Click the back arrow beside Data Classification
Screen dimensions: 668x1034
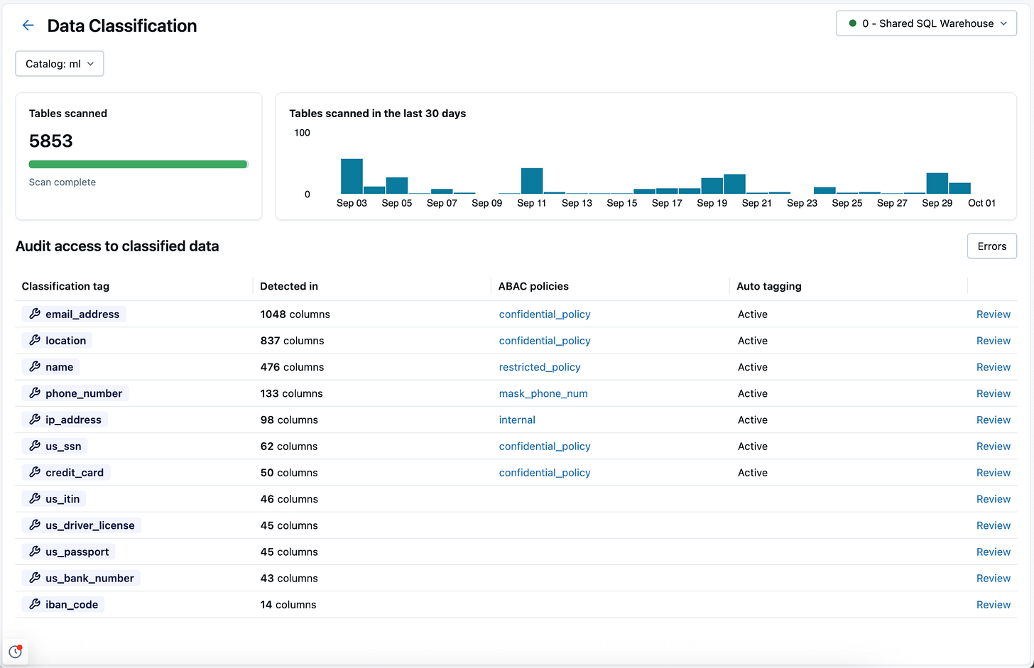pos(28,26)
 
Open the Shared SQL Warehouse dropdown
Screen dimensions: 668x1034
pos(926,23)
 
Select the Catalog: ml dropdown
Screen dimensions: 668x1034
pos(60,64)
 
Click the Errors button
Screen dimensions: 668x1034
pos(991,246)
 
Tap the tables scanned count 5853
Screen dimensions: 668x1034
pos(51,141)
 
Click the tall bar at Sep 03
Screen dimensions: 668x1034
pos(352,176)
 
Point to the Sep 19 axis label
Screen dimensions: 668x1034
pos(712,203)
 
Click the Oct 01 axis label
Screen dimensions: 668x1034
pos(981,203)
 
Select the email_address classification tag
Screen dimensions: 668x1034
pos(74,314)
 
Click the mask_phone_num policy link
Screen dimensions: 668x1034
pos(543,393)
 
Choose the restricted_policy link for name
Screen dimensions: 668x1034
pos(540,367)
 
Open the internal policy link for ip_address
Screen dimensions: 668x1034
pos(517,420)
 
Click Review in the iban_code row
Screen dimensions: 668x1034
pos(993,605)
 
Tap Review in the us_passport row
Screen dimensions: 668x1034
pos(993,552)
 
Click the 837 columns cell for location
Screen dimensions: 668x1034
pos(292,341)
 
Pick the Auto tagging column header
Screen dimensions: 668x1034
pos(768,286)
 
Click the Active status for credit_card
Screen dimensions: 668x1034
pos(752,473)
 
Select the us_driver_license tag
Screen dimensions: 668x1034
pos(82,525)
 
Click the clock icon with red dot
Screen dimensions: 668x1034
pos(15,651)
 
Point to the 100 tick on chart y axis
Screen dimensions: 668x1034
pos(302,133)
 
